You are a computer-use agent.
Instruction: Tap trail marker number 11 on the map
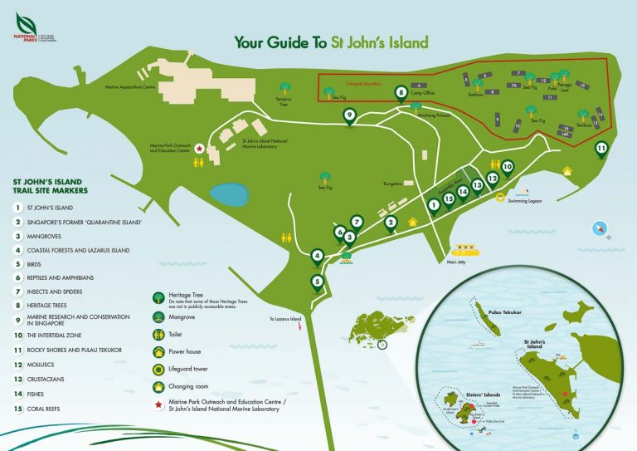[602, 150]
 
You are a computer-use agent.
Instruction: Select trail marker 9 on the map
[349, 116]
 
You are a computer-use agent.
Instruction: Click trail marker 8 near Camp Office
[401, 93]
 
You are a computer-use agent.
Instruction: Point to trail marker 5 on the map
[317, 282]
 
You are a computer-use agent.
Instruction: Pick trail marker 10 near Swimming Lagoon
[507, 166]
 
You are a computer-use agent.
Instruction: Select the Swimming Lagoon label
[531, 201]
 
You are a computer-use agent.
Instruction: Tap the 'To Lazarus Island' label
[286, 319]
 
